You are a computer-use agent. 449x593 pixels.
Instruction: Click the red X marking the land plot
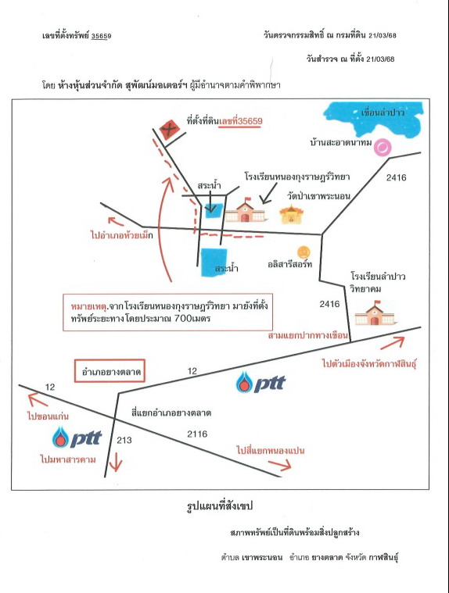point(169,130)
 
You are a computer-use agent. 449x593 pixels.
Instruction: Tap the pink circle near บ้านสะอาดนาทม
point(383,147)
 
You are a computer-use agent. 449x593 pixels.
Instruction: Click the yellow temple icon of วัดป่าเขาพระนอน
point(291,214)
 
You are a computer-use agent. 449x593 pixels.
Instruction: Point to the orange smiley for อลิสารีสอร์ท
point(304,252)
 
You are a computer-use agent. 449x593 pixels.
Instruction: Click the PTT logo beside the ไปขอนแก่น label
point(77,438)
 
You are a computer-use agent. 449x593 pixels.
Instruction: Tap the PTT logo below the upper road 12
point(260,382)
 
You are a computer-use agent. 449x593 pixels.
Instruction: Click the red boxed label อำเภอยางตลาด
point(110,371)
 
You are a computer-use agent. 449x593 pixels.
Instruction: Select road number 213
point(124,440)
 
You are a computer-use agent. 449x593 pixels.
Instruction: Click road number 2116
point(197,434)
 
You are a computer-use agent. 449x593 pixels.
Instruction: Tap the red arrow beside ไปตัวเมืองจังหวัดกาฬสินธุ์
point(393,343)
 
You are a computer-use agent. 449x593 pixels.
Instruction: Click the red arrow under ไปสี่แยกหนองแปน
point(280,464)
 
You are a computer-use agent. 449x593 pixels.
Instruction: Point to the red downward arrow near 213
point(116,462)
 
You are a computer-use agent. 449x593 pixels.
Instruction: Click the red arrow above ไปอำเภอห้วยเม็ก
point(116,221)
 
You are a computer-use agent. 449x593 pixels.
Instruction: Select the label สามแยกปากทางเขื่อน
point(307,335)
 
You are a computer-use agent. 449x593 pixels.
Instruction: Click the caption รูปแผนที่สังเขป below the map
point(220,505)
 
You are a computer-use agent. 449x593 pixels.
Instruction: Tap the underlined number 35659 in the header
point(102,36)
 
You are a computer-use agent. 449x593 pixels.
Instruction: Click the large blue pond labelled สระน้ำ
point(214,263)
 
